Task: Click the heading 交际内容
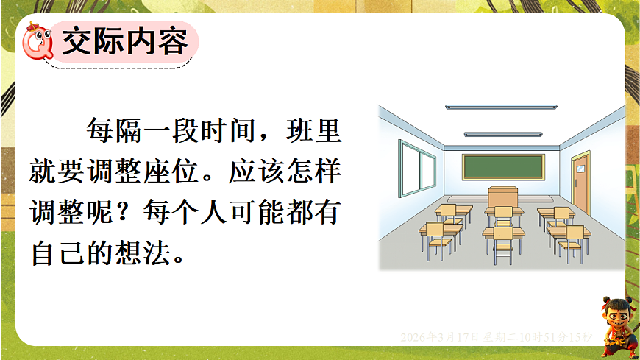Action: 126,42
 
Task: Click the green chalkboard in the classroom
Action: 508,167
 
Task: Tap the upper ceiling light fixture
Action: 502,107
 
